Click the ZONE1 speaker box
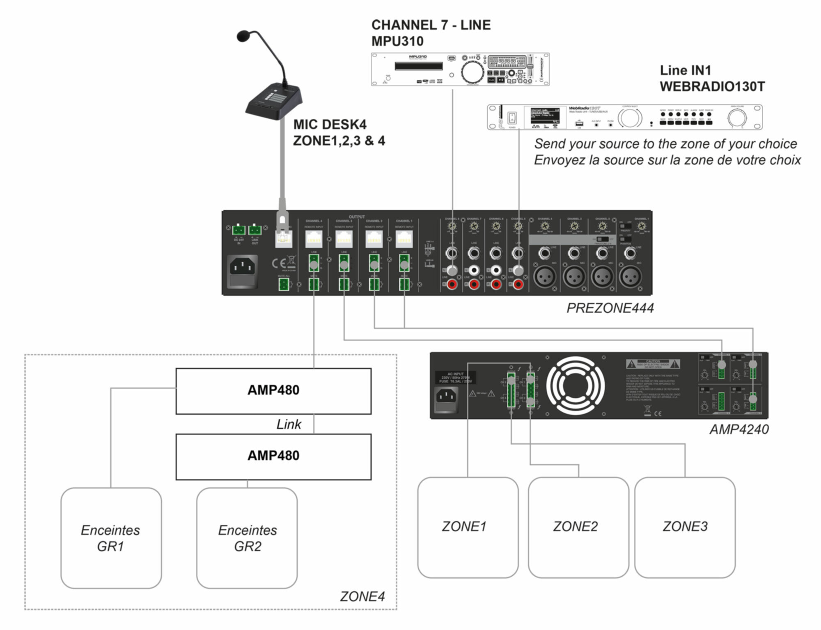click(x=468, y=527)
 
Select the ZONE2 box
click(x=578, y=527)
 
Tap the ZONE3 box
click(x=685, y=527)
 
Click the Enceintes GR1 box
click(x=111, y=538)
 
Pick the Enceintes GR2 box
click(x=247, y=538)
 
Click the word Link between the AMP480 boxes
click(x=289, y=424)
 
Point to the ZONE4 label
click(x=362, y=596)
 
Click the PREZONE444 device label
click(x=610, y=308)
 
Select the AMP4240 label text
click(x=739, y=429)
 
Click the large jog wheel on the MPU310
click(x=472, y=73)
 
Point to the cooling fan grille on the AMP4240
click(x=575, y=386)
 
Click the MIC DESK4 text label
click(x=330, y=125)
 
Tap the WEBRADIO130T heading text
click(x=712, y=87)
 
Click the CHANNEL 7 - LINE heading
click(x=431, y=25)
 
